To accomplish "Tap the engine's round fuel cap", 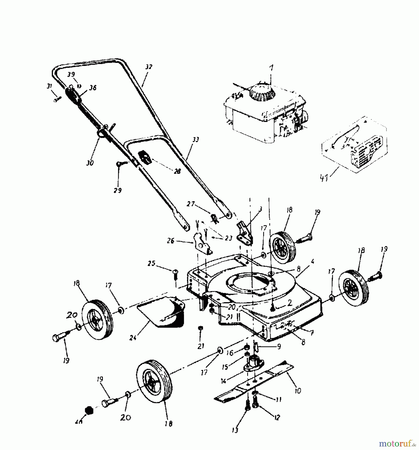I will click(x=263, y=94).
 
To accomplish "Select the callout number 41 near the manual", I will click(x=324, y=179).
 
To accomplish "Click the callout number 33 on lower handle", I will click(x=196, y=140).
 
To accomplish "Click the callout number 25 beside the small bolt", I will click(x=151, y=263).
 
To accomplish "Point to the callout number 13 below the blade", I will click(x=235, y=430).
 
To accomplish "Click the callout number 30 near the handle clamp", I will click(x=90, y=163).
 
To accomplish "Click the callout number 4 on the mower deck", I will click(x=312, y=262).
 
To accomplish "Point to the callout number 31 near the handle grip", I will click(x=49, y=86).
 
